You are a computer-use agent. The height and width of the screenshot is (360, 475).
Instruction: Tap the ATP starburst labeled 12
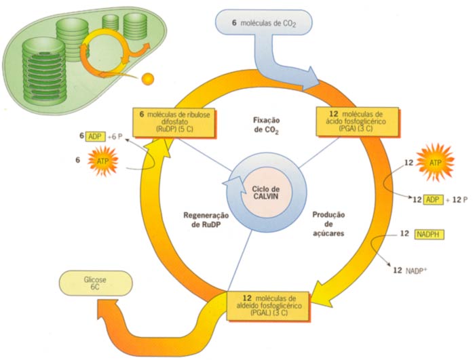point(434,163)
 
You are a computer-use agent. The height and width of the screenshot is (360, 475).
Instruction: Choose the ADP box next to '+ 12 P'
point(432,199)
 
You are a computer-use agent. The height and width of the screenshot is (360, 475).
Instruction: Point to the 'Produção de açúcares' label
point(329,223)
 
